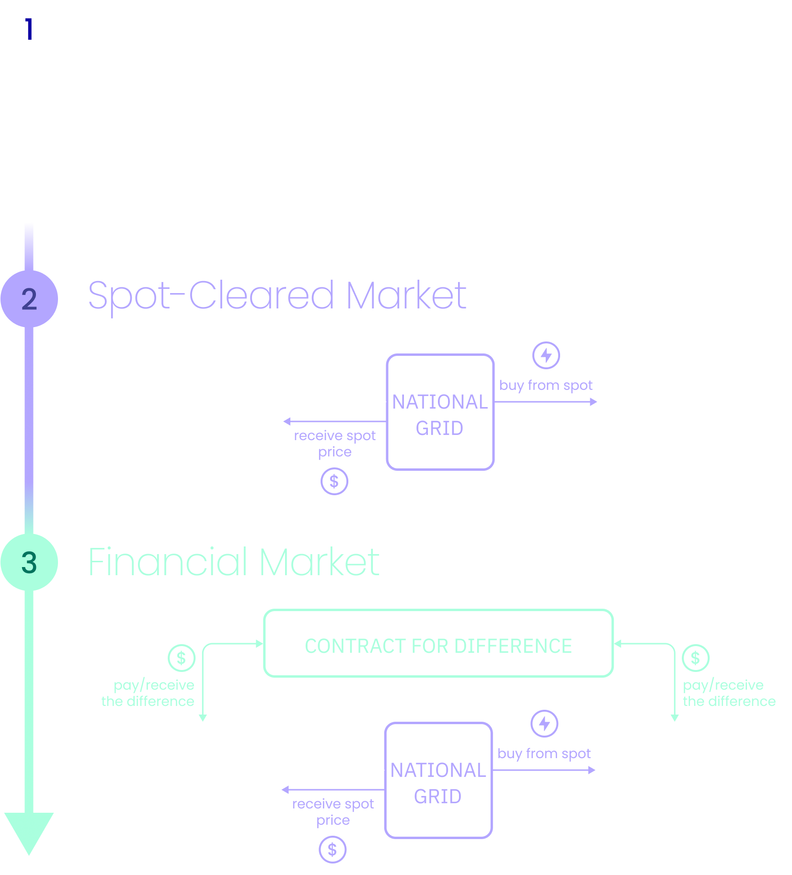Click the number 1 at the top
(29, 29)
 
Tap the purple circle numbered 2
(29, 299)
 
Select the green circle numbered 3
(29, 562)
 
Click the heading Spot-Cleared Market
(277, 295)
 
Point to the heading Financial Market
(234, 561)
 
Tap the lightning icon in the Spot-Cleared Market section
(546, 355)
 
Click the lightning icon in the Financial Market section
(544, 724)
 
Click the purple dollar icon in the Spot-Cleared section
(334, 481)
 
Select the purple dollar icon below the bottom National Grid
(333, 850)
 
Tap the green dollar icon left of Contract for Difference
(182, 658)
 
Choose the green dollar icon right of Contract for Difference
(696, 658)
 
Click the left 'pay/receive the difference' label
(148, 693)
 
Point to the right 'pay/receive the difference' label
(729, 693)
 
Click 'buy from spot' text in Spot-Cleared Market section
(546, 386)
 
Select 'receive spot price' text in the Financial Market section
(333, 812)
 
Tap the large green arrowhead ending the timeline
(29, 833)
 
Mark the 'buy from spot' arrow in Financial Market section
(544, 770)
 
